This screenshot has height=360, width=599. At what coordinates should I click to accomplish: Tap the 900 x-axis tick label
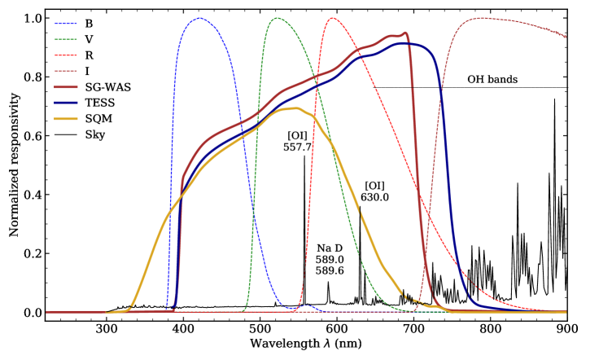(567, 330)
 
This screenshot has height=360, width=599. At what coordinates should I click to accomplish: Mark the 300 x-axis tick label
(107, 330)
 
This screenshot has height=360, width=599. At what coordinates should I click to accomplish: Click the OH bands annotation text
(492, 80)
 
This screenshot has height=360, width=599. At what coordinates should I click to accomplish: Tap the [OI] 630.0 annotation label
(376, 191)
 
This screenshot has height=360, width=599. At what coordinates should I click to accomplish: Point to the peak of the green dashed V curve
(277, 18)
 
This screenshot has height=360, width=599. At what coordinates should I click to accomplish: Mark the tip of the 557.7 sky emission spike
(304, 156)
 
